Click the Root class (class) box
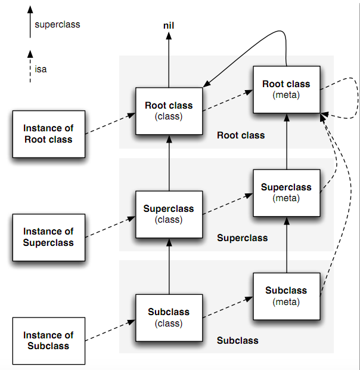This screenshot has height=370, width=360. tap(169, 110)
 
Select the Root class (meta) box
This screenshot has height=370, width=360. tap(286, 89)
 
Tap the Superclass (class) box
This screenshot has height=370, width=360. tap(169, 214)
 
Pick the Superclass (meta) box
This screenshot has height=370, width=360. tap(286, 192)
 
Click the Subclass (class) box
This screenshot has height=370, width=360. tap(169, 317)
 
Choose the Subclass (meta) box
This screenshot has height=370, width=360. tap(286, 295)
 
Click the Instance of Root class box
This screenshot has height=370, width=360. tap(48, 134)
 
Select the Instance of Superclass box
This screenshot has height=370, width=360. tap(48, 236)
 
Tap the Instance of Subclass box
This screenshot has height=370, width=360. tap(48, 340)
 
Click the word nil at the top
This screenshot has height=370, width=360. tap(169, 26)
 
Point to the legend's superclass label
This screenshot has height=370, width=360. tap(57, 25)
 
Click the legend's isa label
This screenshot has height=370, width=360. tap(41, 69)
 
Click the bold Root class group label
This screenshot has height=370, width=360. tap(241, 135)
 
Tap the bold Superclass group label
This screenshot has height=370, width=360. tap(242, 238)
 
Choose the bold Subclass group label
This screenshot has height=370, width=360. tap(237, 341)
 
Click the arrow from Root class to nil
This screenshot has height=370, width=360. tap(169, 60)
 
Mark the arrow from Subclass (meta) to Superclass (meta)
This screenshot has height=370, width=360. tap(286, 245)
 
